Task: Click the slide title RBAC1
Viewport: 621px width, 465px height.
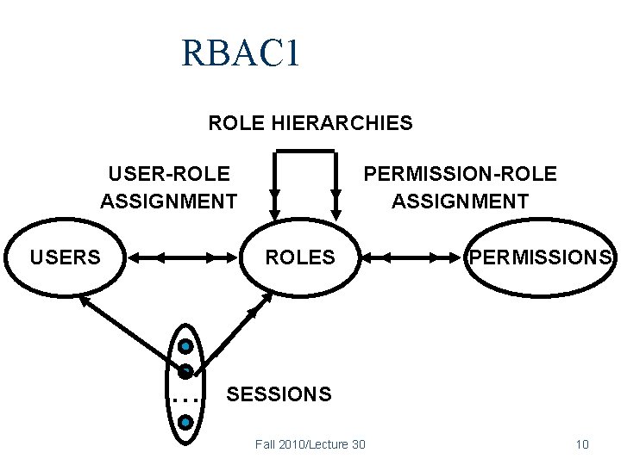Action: tap(241, 53)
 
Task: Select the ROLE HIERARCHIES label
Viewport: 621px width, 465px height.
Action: tap(310, 123)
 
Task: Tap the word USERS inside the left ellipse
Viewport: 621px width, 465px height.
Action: tap(66, 257)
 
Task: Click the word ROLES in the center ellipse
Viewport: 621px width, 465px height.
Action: tap(300, 257)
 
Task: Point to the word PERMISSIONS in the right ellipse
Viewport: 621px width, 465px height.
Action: tap(540, 257)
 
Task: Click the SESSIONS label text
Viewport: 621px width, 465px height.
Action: tap(278, 394)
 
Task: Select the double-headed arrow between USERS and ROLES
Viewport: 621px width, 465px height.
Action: tap(184, 257)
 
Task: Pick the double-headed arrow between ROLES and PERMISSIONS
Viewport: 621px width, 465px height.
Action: tap(411, 257)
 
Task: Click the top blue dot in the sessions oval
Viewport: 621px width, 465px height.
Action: tap(185, 347)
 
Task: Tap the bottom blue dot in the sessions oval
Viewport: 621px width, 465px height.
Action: tap(185, 423)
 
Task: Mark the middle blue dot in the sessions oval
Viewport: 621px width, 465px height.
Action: tap(185, 372)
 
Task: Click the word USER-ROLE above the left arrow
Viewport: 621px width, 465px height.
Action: tap(169, 174)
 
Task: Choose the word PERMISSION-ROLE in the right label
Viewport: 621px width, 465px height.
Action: tap(460, 174)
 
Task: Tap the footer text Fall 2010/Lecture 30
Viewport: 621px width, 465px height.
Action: tap(310, 444)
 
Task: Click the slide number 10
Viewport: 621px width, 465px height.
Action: tap(581, 444)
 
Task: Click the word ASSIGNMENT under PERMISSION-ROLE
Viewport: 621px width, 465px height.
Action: tap(460, 201)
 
